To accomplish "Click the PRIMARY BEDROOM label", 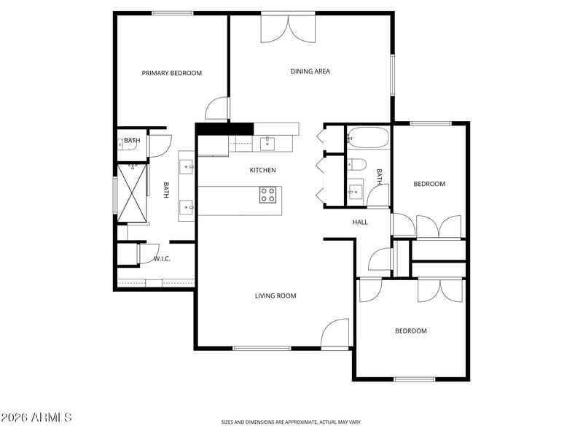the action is [x=172, y=73].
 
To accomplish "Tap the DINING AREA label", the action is [x=310, y=71].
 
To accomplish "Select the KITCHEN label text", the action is [x=263, y=170].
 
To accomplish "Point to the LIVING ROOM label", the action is [x=275, y=296].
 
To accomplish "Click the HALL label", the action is [x=360, y=223].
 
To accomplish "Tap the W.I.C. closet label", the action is [x=162, y=259].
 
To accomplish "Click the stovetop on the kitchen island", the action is [x=267, y=195].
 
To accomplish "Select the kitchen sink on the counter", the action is [x=267, y=143].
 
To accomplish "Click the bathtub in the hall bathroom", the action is [x=368, y=138].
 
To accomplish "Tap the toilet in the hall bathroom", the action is [x=357, y=164].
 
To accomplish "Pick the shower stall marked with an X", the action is [x=133, y=193].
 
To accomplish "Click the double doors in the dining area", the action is [x=288, y=28].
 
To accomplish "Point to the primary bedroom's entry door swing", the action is [x=216, y=108].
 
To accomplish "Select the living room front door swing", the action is [x=335, y=333].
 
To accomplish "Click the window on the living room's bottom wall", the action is [x=262, y=349].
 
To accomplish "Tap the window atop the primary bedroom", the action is [x=172, y=13].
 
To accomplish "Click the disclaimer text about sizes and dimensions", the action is [x=291, y=422].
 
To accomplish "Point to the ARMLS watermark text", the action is [x=36, y=417].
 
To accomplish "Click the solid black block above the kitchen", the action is [x=224, y=129].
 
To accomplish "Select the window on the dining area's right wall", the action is [x=392, y=75].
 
